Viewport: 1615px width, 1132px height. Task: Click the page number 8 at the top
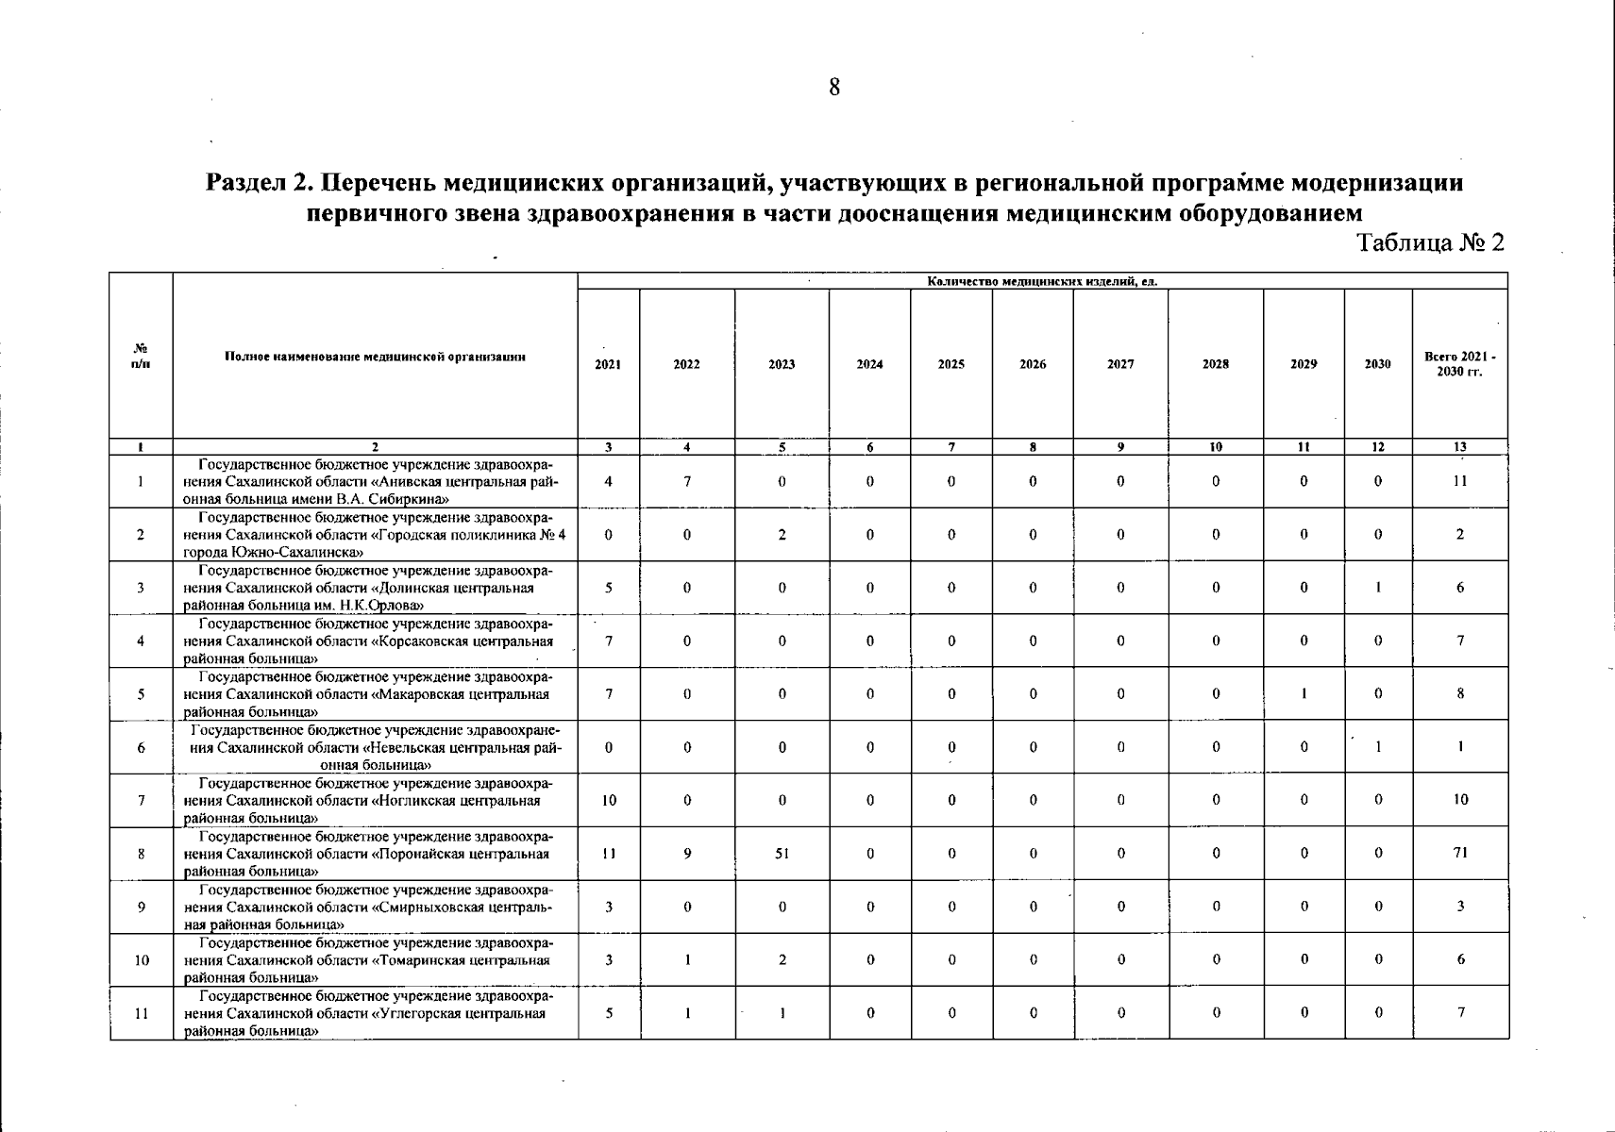tap(834, 88)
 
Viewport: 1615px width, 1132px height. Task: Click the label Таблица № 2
tap(1429, 243)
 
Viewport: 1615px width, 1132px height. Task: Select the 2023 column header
tap(782, 364)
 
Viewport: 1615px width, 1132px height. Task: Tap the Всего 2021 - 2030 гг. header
tap(1459, 364)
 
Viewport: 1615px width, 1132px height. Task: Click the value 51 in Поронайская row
tap(782, 854)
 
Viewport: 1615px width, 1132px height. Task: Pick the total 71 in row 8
tap(1460, 854)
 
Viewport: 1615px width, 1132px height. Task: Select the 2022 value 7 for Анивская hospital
tap(687, 481)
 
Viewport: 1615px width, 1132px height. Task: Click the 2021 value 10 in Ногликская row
tap(609, 800)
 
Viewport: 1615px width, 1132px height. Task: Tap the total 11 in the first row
tap(1460, 481)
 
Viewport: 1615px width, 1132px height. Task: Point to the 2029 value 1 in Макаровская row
tap(1304, 694)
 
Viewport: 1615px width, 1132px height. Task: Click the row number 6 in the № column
tap(141, 748)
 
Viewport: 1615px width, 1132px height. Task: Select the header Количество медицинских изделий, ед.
tap(1042, 281)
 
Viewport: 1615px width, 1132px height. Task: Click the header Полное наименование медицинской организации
tap(375, 357)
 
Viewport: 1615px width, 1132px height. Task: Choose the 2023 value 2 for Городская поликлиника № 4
tap(782, 535)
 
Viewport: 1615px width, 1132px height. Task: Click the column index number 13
tap(1460, 447)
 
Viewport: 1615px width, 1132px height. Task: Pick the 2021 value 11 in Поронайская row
tap(609, 854)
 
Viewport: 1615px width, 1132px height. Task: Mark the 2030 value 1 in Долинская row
tap(1378, 588)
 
